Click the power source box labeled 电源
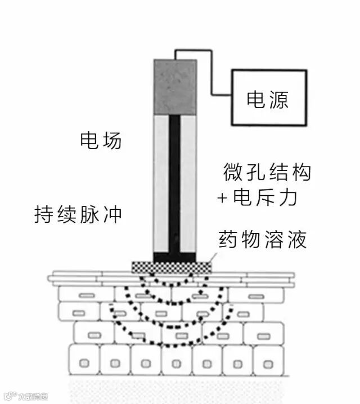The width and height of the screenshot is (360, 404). [x=269, y=97]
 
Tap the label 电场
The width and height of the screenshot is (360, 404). [x=101, y=141]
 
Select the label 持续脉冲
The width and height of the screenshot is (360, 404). [x=78, y=214]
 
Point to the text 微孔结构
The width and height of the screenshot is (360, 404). [x=267, y=172]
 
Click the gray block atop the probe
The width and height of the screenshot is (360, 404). [x=175, y=86]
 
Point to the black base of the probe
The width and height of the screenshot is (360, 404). [x=175, y=257]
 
